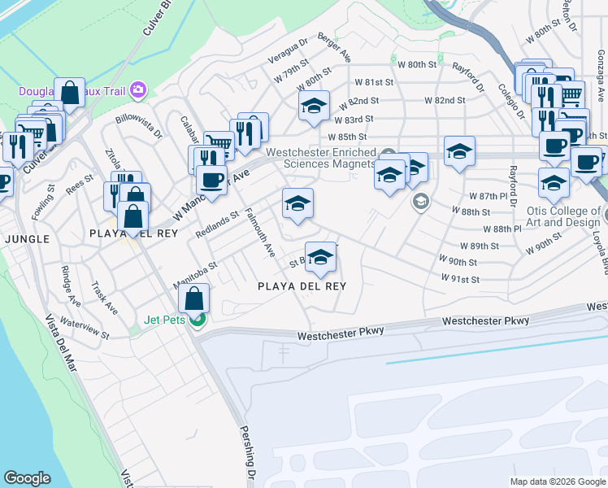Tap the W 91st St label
tap(460, 279)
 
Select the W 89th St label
tap(479, 246)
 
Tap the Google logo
tap(27, 478)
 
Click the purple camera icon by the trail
tap(138, 89)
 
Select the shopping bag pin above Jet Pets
tap(195, 299)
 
